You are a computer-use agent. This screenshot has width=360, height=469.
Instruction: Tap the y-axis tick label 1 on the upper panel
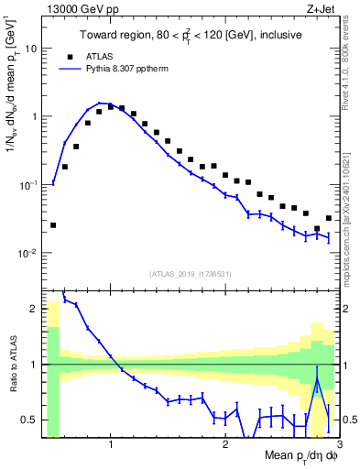(35, 116)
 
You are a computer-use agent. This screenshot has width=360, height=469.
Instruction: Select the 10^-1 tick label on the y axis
(30, 184)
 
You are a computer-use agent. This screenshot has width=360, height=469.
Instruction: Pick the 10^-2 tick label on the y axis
(30, 253)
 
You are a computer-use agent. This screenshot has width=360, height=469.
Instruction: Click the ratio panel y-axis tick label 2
(35, 309)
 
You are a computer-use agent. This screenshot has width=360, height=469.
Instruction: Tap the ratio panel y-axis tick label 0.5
(31, 420)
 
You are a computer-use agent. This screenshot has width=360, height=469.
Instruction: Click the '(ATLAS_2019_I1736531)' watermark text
(190, 274)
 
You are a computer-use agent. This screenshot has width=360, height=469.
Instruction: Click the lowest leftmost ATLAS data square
(53, 224)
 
